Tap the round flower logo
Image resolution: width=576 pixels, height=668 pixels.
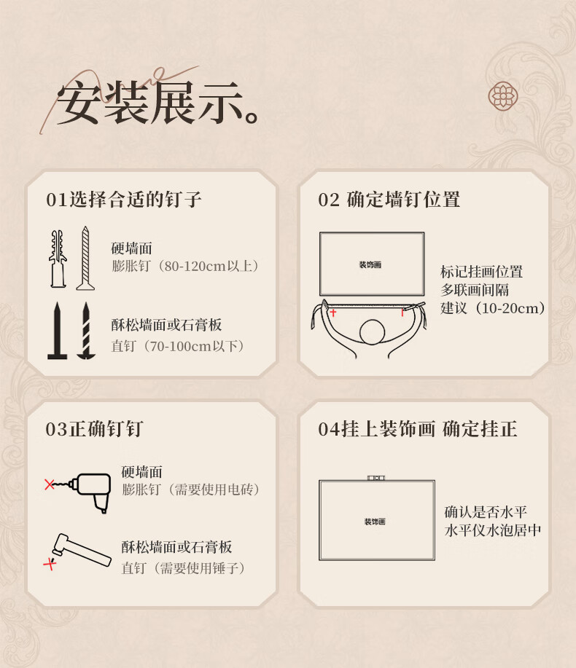pos(502,96)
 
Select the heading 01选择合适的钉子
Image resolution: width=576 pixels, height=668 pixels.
pos(124,200)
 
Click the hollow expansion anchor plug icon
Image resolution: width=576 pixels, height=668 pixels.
pos(58,259)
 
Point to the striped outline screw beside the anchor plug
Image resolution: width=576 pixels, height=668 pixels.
pos(85,259)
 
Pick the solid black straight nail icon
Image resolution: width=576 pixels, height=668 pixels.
pos(57,331)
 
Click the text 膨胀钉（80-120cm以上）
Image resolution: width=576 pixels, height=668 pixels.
pos(185,267)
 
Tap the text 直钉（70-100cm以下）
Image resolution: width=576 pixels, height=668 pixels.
pos(178,346)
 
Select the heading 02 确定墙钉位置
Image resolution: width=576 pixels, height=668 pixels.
pos(389,200)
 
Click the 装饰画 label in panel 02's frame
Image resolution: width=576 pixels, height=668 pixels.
pos(370,265)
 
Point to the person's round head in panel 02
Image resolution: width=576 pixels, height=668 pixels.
pos(372,332)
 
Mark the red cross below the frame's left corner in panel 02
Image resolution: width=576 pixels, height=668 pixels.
pos(333,313)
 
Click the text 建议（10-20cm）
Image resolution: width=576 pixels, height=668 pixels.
pos(493,308)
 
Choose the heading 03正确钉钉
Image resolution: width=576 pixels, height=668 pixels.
pos(94,429)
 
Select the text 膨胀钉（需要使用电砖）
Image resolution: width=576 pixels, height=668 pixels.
pos(190,490)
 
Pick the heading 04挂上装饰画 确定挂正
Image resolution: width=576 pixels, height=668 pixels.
pos(418,429)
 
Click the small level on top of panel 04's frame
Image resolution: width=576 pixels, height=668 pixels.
pos(376,478)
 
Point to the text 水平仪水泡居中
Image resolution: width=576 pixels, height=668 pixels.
pos(493,530)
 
